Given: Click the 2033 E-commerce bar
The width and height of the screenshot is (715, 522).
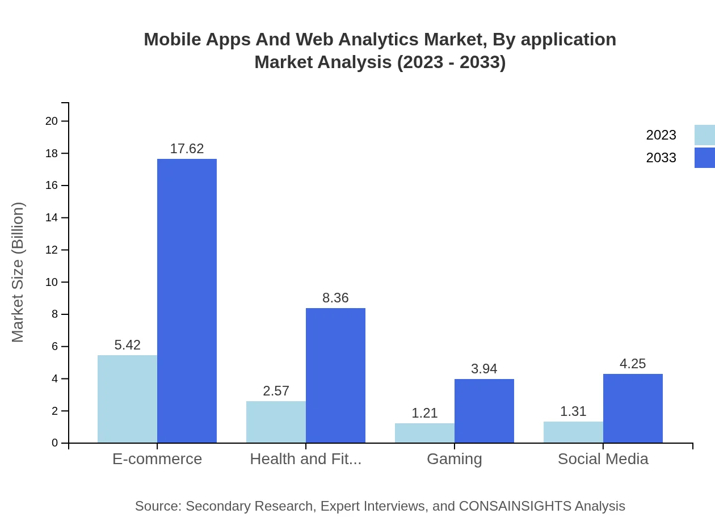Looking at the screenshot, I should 187,301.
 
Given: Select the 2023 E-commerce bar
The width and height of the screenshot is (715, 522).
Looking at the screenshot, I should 127,399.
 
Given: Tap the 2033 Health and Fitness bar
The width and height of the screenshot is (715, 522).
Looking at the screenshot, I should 335,375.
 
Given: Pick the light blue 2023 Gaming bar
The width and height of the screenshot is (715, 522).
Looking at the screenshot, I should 424,433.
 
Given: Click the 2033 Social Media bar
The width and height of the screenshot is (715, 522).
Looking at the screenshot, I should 633,409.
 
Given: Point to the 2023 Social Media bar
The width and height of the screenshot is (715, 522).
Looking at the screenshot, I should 573,432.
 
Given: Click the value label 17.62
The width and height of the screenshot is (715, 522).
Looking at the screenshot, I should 187,149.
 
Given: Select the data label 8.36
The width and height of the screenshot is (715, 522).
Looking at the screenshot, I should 335,298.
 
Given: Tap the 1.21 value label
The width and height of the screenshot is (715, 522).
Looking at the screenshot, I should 424,413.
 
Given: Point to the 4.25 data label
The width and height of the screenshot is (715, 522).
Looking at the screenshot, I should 633,364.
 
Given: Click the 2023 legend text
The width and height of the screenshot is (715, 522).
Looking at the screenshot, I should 661,135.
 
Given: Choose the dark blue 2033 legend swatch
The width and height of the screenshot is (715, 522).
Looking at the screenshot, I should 704,158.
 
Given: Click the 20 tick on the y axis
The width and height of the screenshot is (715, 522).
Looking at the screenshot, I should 52,121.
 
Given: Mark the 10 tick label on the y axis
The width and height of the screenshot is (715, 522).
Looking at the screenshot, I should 52,282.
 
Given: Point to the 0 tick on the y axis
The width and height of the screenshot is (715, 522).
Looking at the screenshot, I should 55,443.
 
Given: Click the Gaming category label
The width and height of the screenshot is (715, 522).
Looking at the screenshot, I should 454,458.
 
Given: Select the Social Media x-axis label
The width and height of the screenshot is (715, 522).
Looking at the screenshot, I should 603,458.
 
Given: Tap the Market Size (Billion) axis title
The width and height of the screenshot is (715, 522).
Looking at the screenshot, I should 18,272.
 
